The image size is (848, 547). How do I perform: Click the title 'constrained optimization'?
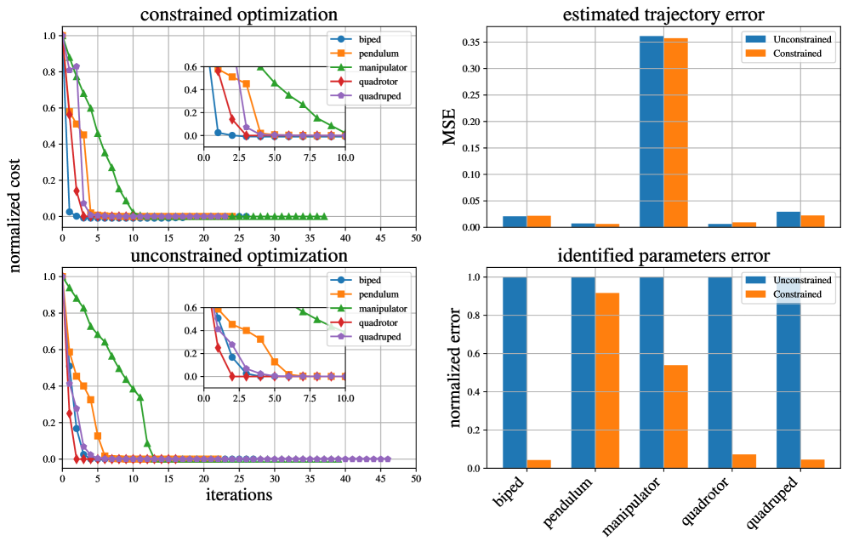click(x=239, y=14)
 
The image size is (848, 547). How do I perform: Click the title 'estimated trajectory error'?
click(x=651, y=14)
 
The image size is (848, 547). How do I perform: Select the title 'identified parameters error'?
click(x=651, y=255)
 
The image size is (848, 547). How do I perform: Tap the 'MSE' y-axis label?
click(x=451, y=130)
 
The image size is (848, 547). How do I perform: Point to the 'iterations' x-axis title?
click(x=238, y=493)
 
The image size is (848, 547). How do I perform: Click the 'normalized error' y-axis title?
click(x=451, y=370)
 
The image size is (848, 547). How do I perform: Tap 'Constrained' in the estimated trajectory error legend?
click(x=796, y=53)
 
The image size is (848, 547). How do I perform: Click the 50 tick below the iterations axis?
click(x=415, y=479)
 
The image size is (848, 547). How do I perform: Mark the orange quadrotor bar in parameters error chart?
click(x=743, y=461)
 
